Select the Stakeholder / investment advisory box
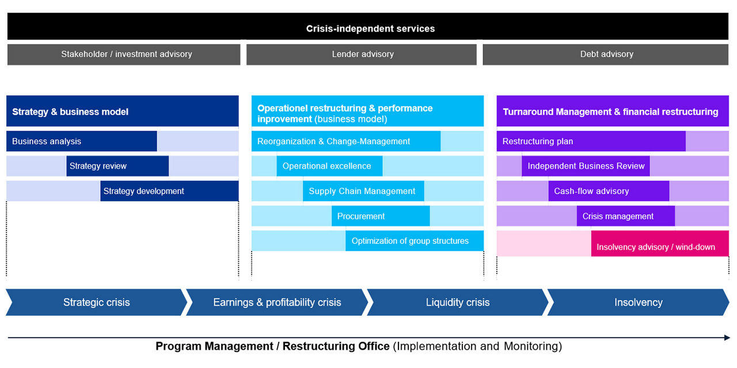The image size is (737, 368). [124, 55]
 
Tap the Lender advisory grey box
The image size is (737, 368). [362, 55]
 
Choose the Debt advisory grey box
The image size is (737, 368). [606, 55]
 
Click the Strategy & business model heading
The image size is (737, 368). [122, 112]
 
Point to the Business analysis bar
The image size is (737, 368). [81, 141]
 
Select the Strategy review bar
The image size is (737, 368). [117, 166]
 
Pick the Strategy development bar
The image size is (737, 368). [169, 191]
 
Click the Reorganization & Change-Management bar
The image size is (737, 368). [345, 141]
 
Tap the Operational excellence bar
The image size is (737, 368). [329, 166]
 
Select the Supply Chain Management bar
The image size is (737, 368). [363, 191]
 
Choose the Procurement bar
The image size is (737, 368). [381, 216]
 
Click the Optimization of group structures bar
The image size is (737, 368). [415, 241]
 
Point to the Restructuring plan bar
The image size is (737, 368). [591, 141]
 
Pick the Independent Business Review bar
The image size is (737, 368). [586, 166]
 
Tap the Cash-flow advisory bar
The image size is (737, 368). [609, 191]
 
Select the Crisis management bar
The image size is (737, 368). [625, 216]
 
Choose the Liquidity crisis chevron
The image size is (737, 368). [458, 302]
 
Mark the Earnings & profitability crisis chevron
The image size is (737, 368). [277, 302]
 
